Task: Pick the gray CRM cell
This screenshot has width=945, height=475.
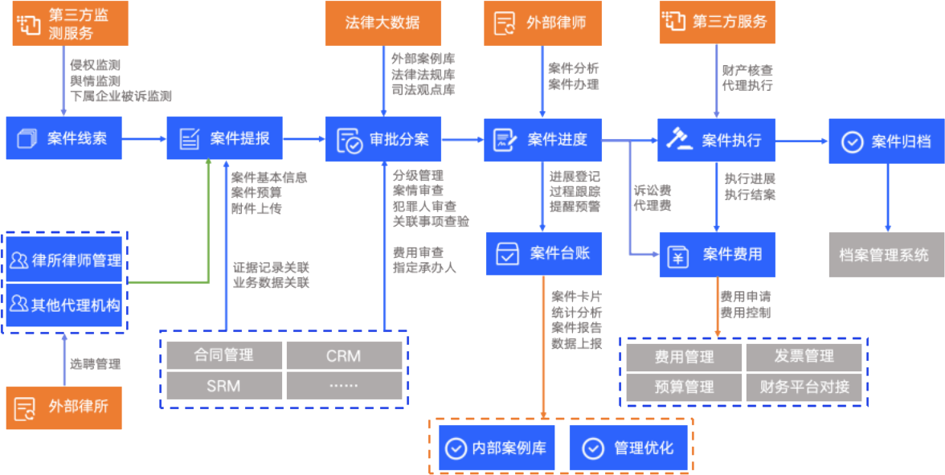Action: click(344, 355)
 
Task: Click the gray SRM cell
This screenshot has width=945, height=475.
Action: click(223, 386)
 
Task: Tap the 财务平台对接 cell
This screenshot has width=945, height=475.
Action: click(804, 387)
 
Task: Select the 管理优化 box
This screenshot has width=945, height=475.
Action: click(629, 448)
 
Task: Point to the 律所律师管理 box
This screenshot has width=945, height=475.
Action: click(64, 260)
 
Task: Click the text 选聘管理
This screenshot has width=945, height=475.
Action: click(95, 364)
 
